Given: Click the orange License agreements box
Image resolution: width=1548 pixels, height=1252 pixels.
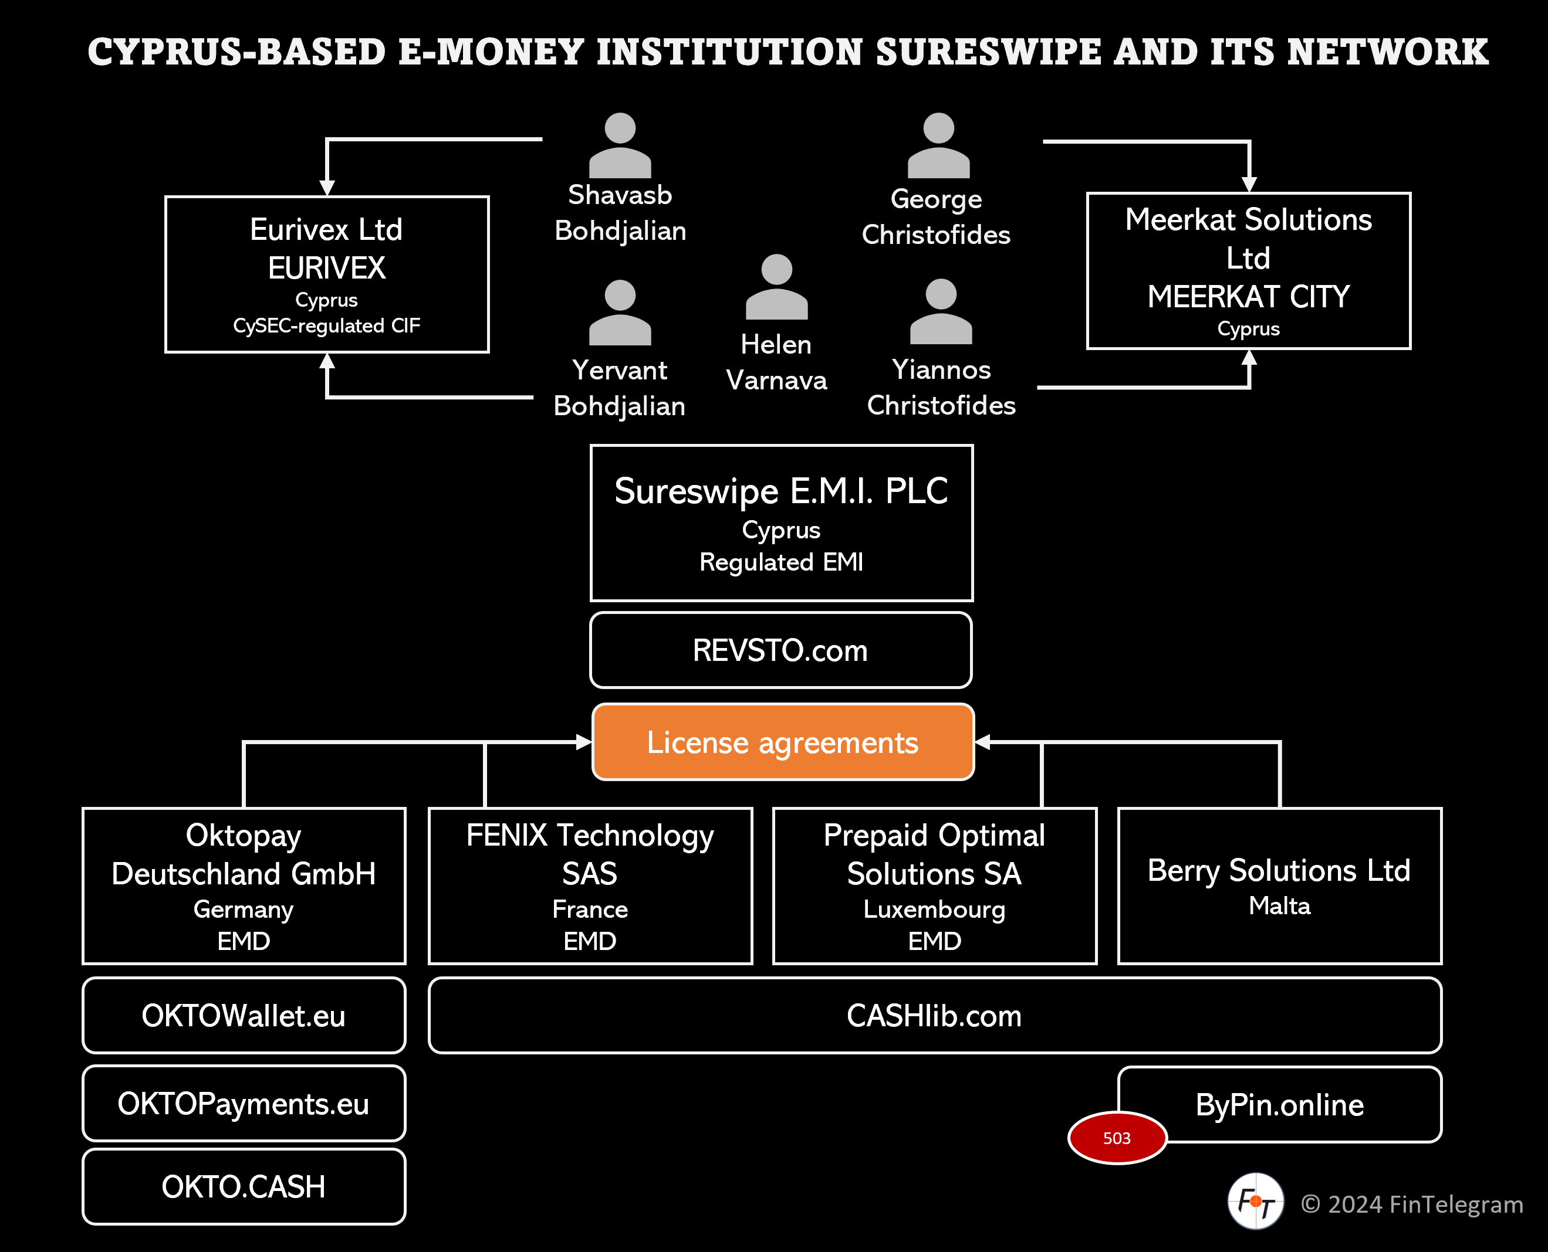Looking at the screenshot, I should click(782, 742).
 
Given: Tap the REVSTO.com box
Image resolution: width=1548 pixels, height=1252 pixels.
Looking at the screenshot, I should click(780, 650).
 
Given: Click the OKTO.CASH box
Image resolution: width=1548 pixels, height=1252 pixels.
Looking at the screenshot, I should click(244, 1186).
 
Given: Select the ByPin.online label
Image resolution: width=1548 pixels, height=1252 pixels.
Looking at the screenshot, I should click(1279, 1104).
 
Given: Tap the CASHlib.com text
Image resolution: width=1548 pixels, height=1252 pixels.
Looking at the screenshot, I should click(934, 1016).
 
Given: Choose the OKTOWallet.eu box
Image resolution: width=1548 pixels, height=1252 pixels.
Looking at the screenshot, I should click(244, 1016).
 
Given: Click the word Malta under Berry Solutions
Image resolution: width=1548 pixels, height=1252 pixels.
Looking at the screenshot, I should click(1279, 906).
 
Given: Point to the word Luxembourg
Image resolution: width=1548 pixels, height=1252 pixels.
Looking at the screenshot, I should click(934, 910).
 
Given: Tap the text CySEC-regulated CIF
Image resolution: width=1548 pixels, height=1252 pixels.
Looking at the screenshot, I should click(326, 326).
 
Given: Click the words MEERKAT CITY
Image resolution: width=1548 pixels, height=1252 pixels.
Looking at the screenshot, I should click(1249, 296).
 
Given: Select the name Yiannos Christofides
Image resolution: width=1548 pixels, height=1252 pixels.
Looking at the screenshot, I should click(941, 387).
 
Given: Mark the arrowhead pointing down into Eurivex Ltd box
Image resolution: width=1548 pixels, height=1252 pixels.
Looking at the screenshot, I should click(327, 188).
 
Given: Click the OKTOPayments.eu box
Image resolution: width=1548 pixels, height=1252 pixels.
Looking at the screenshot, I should click(244, 1104).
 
